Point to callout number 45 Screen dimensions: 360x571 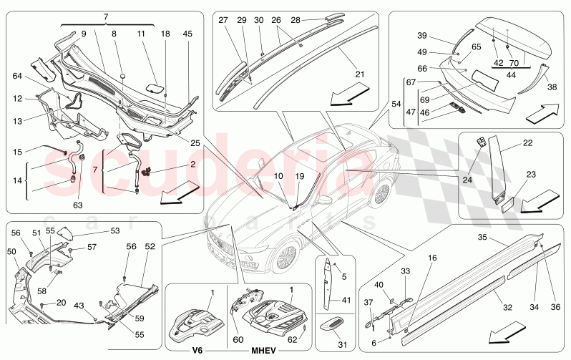(187, 33)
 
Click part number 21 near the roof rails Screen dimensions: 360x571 (359, 74)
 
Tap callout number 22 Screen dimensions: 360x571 (527, 143)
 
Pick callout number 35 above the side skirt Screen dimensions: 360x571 (483, 237)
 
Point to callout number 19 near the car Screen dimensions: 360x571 (300, 176)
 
